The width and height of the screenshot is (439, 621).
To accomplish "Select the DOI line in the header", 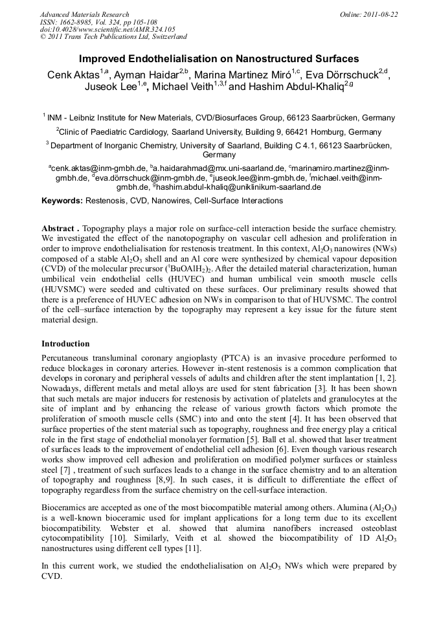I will click(107, 30).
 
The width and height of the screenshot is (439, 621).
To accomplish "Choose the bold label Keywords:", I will click(62, 201).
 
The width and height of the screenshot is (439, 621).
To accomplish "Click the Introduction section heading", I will click(65, 343).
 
